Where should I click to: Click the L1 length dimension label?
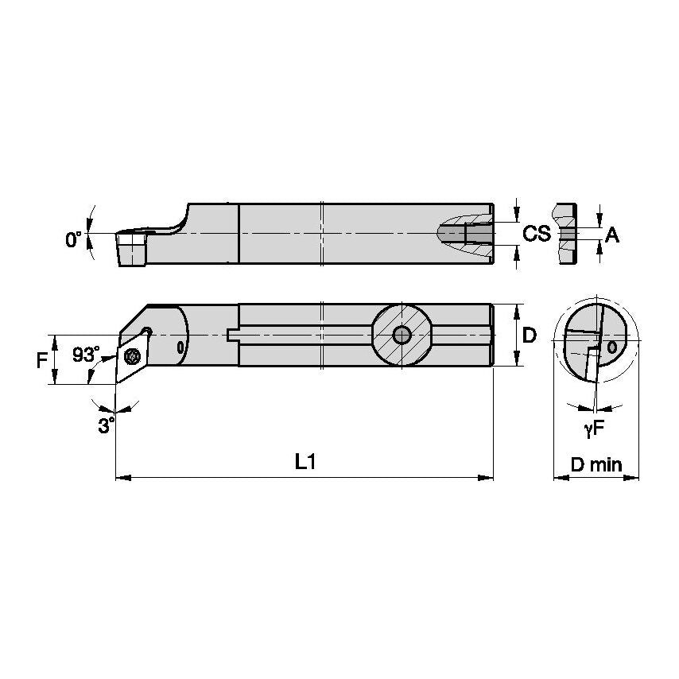pos(305,462)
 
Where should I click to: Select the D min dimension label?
pos(596,465)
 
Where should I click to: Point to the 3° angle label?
pos(105,425)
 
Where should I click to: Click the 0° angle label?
pos(73,239)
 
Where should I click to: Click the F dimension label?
pos(41,359)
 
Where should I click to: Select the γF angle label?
pos(594,429)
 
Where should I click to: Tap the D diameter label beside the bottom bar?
pos(528,336)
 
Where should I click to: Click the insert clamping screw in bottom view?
pos(133,355)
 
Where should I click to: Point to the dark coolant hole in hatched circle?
pos(402,335)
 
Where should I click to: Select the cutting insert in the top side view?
pos(131,248)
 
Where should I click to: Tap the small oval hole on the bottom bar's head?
pos(180,347)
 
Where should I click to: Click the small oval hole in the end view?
pos(611,347)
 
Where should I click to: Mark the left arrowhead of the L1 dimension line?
pos(121,478)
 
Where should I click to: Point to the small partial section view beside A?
pos(566,234)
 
